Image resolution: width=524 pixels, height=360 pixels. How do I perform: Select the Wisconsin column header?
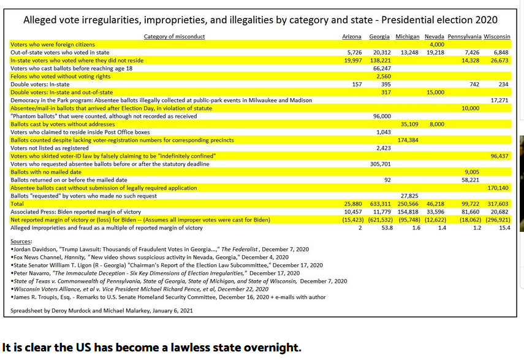click(497, 37)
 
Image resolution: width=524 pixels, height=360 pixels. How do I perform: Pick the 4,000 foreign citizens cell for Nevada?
click(436, 45)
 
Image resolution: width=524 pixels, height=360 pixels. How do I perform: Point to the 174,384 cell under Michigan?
click(408, 140)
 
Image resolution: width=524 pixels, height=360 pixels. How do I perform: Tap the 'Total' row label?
click(17, 204)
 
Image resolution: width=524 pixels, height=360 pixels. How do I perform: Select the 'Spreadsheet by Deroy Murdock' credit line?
click(101, 310)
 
